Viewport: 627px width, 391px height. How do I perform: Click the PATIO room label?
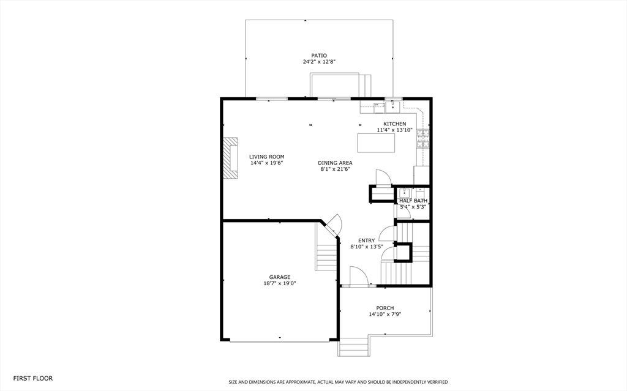(x=318, y=56)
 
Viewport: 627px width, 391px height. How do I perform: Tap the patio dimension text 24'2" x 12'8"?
(x=318, y=62)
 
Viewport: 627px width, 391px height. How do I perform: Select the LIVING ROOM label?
(x=267, y=157)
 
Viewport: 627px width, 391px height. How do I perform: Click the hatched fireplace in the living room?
(x=230, y=157)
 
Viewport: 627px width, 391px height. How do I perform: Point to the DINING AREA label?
(x=335, y=163)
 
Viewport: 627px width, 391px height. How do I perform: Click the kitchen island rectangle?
(x=376, y=143)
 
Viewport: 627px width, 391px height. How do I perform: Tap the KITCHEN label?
(x=395, y=124)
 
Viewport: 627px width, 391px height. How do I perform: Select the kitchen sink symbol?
(x=394, y=106)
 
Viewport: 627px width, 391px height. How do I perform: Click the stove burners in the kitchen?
(x=422, y=139)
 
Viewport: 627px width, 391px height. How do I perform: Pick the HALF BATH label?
(x=413, y=201)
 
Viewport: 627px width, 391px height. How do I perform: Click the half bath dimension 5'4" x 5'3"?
(x=413, y=207)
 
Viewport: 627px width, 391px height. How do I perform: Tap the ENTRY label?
(x=366, y=240)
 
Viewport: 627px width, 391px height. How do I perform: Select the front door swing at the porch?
(x=358, y=276)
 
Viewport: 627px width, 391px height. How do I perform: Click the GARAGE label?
(x=279, y=277)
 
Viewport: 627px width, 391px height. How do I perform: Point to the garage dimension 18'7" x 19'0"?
(x=279, y=283)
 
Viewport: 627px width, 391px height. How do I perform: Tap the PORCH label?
(x=385, y=308)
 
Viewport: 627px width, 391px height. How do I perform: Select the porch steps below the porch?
(x=353, y=347)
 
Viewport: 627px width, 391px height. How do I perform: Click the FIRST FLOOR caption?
(x=33, y=378)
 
